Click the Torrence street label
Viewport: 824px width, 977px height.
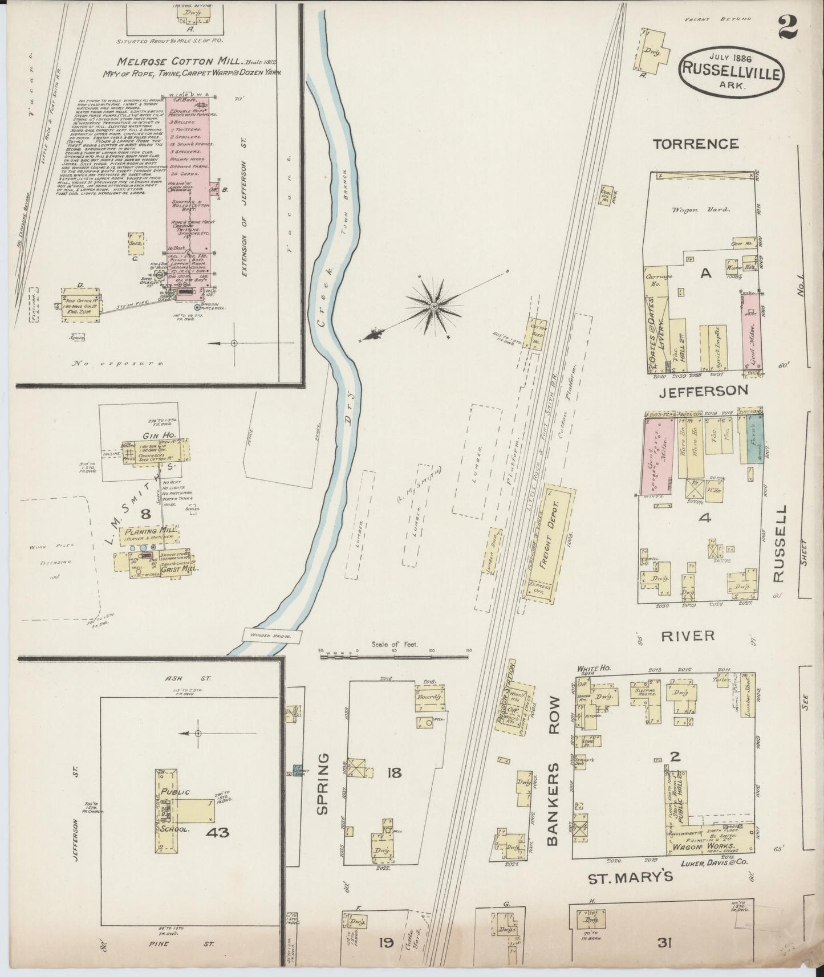(x=696, y=144)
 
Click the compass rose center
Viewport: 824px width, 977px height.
(x=435, y=307)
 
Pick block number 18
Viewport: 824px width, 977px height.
(x=394, y=773)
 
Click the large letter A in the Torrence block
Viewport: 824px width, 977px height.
(x=706, y=274)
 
